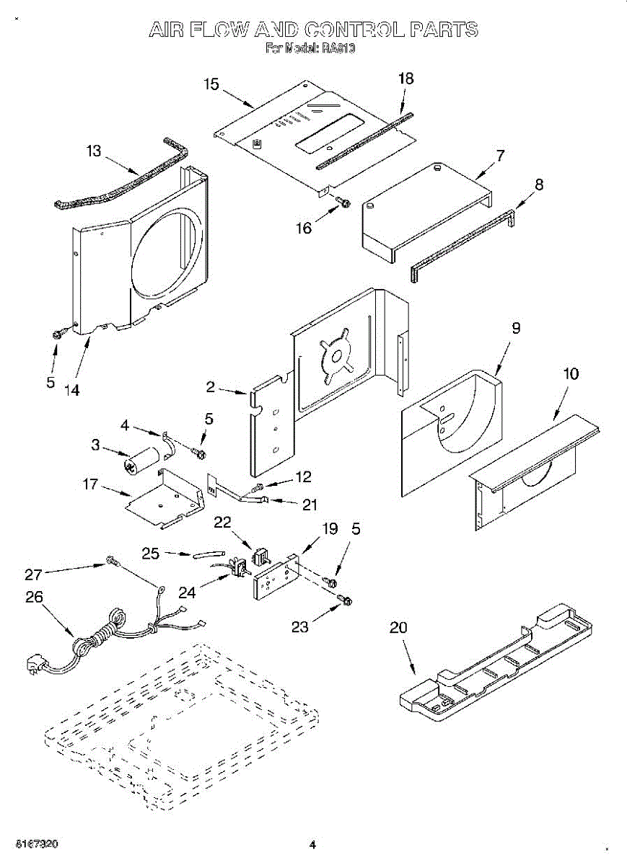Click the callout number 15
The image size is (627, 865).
point(211,84)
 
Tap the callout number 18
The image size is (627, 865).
point(406,79)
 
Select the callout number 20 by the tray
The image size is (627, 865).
point(398,628)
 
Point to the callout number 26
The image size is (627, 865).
point(34,597)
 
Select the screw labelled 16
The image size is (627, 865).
point(343,203)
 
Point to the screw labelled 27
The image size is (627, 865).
point(111,560)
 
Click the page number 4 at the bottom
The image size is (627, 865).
point(312,844)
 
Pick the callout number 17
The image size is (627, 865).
point(90,485)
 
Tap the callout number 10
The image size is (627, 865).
point(571,374)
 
